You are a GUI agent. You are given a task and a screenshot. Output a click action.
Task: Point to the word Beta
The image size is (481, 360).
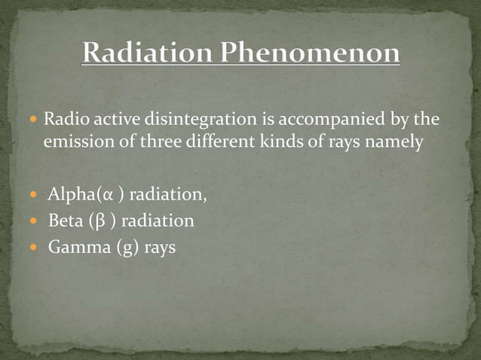[64, 221]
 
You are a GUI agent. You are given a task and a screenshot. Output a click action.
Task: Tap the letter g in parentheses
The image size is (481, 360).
[124, 246]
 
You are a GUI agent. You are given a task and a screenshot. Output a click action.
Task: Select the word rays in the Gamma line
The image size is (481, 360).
[159, 246]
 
